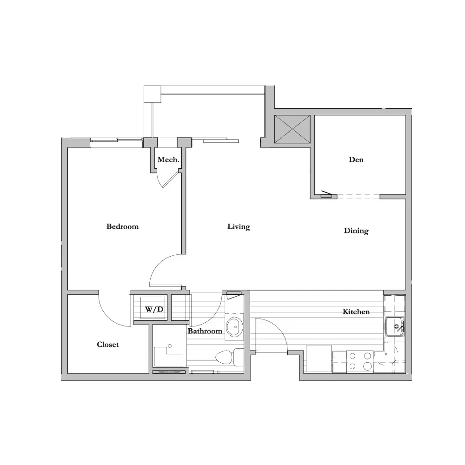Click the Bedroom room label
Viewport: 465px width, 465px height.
[x=122, y=226]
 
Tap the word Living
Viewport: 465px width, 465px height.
[x=239, y=227]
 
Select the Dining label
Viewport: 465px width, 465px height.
[x=356, y=231]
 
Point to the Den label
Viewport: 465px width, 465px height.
[x=356, y=159]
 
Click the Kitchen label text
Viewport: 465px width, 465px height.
[x=356, y=312]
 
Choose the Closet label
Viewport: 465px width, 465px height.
[x=108, y=345]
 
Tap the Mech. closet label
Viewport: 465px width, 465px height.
[x=168, y=160]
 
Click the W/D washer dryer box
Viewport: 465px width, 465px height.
[x=153, y=307]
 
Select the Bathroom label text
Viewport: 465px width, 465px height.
[x=205, y=331]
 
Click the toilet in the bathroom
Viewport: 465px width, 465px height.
[x=229, y=357]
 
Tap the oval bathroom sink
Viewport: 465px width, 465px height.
[x=234, y=327]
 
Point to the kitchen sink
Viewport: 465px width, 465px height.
[x=395, y=326]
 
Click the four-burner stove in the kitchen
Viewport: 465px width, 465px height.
[x=360, y=361]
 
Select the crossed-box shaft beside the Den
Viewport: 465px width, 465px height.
[x=292, y=129]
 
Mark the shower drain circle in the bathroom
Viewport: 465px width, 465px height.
[x=170, y=346]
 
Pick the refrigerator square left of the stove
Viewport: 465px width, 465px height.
[x=319, y=359]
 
